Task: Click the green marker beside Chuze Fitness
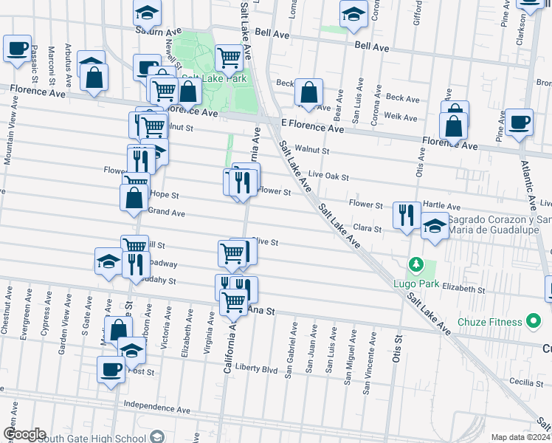533,321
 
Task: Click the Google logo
24,434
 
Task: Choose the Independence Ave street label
157,408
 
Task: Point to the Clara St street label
366,229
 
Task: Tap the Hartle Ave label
442,207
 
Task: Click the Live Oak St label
328,175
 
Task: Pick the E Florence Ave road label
312,128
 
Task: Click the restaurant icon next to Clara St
407,215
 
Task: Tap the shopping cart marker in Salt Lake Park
229,56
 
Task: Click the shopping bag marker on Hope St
134,197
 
